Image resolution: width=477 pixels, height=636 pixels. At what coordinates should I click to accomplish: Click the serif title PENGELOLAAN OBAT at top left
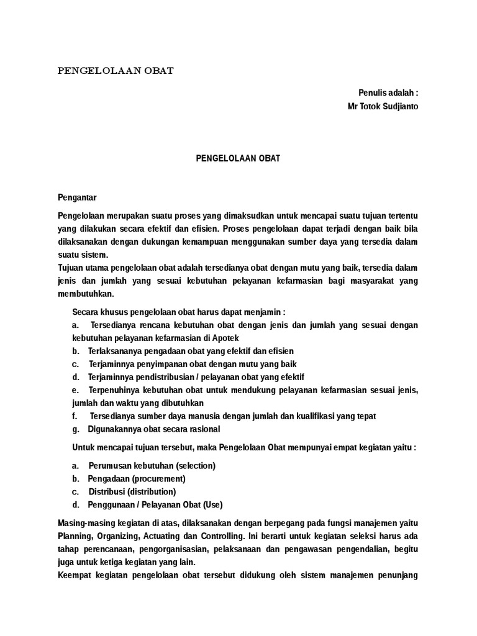(116, 70)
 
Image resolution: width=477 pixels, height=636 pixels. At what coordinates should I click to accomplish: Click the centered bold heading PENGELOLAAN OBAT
(238, 158)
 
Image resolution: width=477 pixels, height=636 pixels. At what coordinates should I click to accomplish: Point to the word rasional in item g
(202, 429)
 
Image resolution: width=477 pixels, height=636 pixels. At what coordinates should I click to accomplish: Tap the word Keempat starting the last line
(75, 575)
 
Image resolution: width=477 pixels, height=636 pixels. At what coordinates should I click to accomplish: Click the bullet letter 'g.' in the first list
(76, 429)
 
